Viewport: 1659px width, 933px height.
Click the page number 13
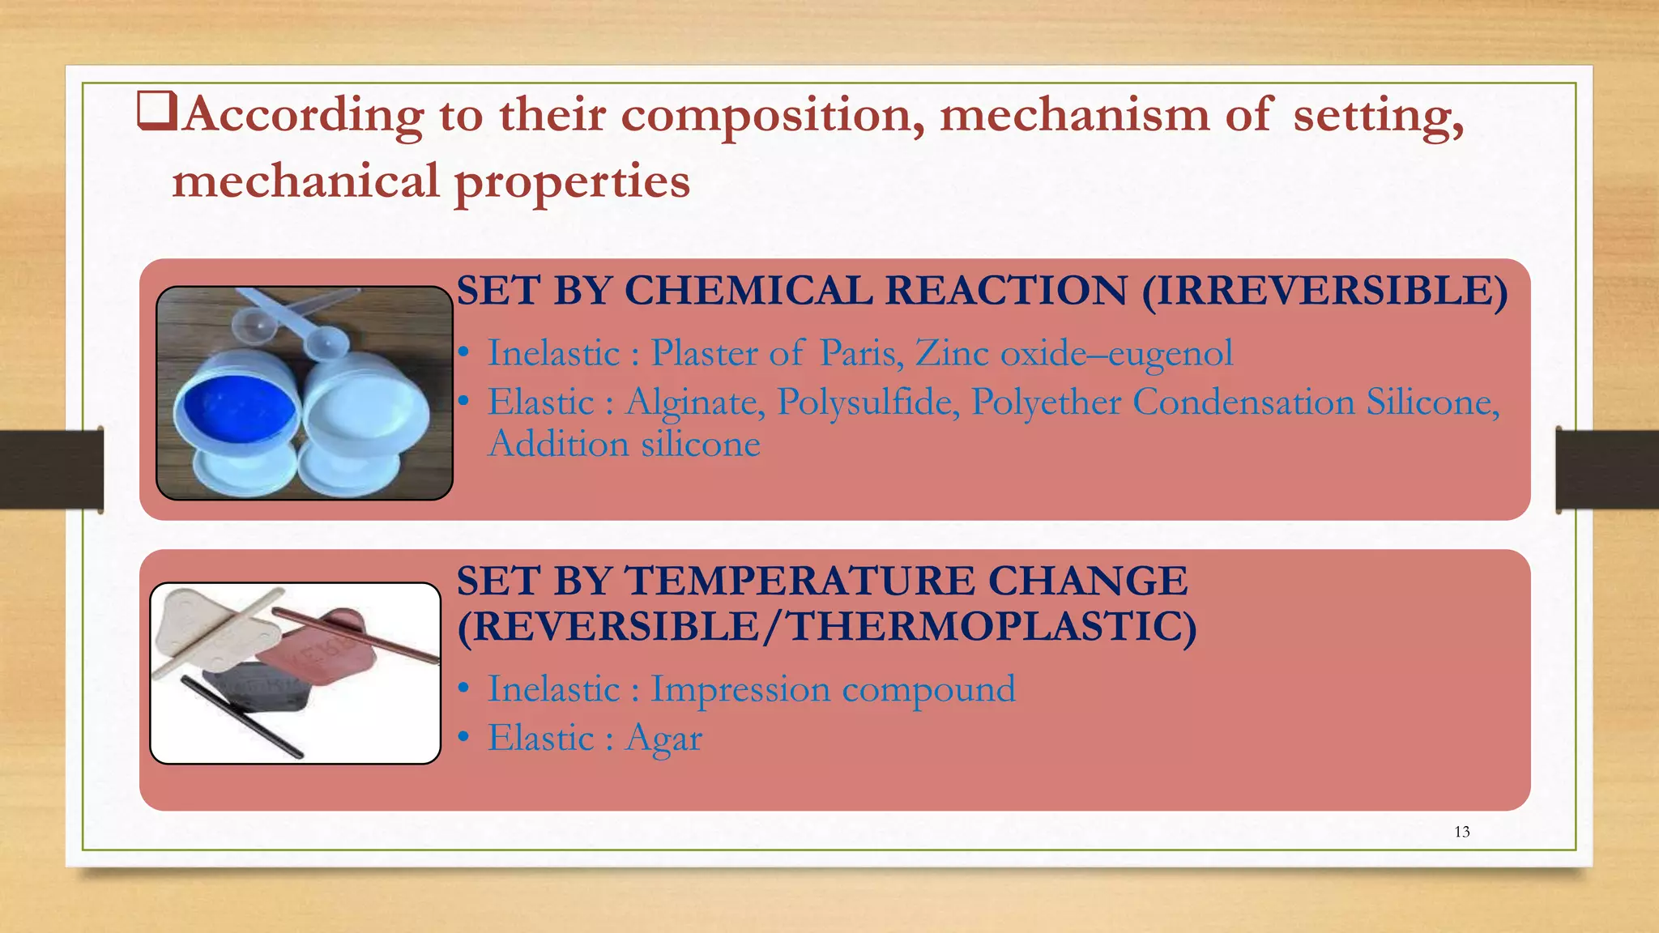click(1461, 832)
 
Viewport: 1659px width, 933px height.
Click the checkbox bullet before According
click(156, 112)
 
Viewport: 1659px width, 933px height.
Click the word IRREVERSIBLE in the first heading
click(1324, 291)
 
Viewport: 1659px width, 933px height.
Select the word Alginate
click(694, 403)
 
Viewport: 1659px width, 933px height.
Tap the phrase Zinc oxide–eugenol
click(1074, 353)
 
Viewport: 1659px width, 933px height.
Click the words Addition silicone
click(624, 445)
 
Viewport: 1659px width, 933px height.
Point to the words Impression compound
click(833, 689)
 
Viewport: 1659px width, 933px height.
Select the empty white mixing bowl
click(365, 414)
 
